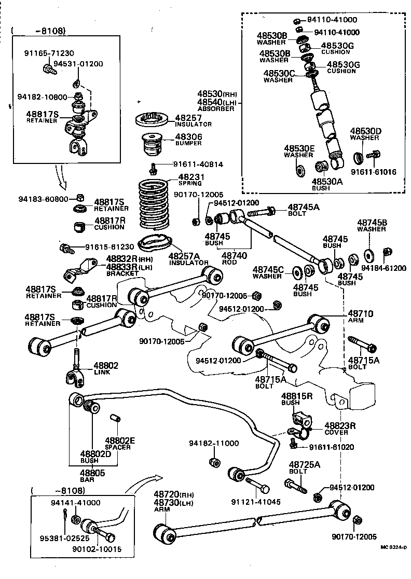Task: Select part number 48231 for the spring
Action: pyautogui.click(x=190, y=177)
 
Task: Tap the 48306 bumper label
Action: pyautogui.click(x=188, y=137)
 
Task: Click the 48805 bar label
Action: pyautogui.click(x=92, y=473)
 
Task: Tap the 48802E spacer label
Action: pyautogui.click(x=120, y=440)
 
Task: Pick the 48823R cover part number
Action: pyautogui.click(x=340, y=425)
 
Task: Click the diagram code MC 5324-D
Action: pyautogui.click(x=393, y=547)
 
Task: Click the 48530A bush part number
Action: pyautogui.click(x=327, y=182)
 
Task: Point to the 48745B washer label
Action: pyautogui.click(x=372, y=222)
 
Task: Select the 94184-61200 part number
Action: pyautogui.click(x=383, y=268)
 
